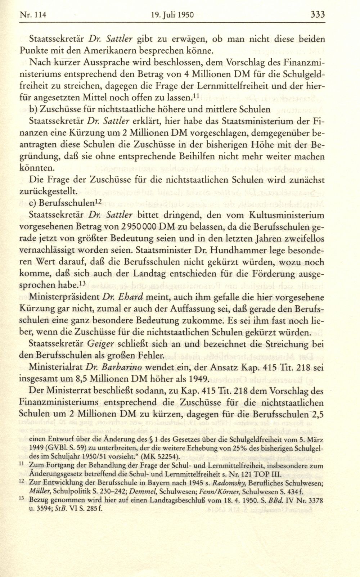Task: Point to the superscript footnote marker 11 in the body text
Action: pyautogui.click(x=197, y=96)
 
